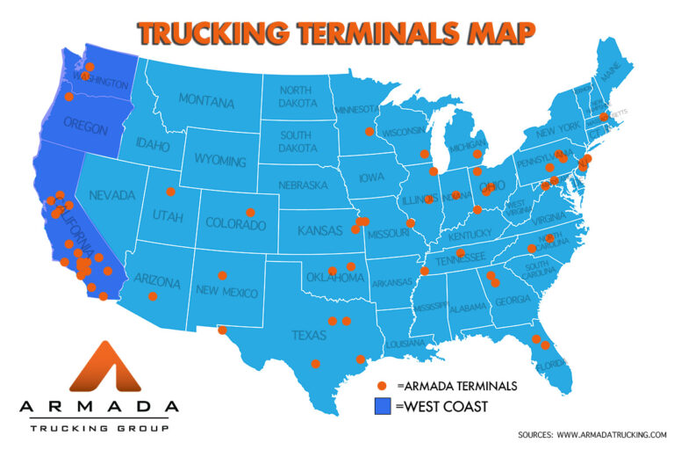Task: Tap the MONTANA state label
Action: click(206, 101)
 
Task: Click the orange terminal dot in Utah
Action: click(170, 192)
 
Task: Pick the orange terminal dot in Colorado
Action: click(250, 212)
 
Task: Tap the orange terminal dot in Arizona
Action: click(153, 296)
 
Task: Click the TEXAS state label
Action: click(309, 335)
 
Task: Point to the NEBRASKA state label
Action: click(303, 185)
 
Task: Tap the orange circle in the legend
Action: click(383, 386)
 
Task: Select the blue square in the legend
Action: click(383, 406)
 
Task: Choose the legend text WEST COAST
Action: click(441, 407)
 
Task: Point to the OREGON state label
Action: click(86, 128)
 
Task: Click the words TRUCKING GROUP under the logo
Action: click(98, 428)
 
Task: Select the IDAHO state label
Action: click(152, 144)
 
